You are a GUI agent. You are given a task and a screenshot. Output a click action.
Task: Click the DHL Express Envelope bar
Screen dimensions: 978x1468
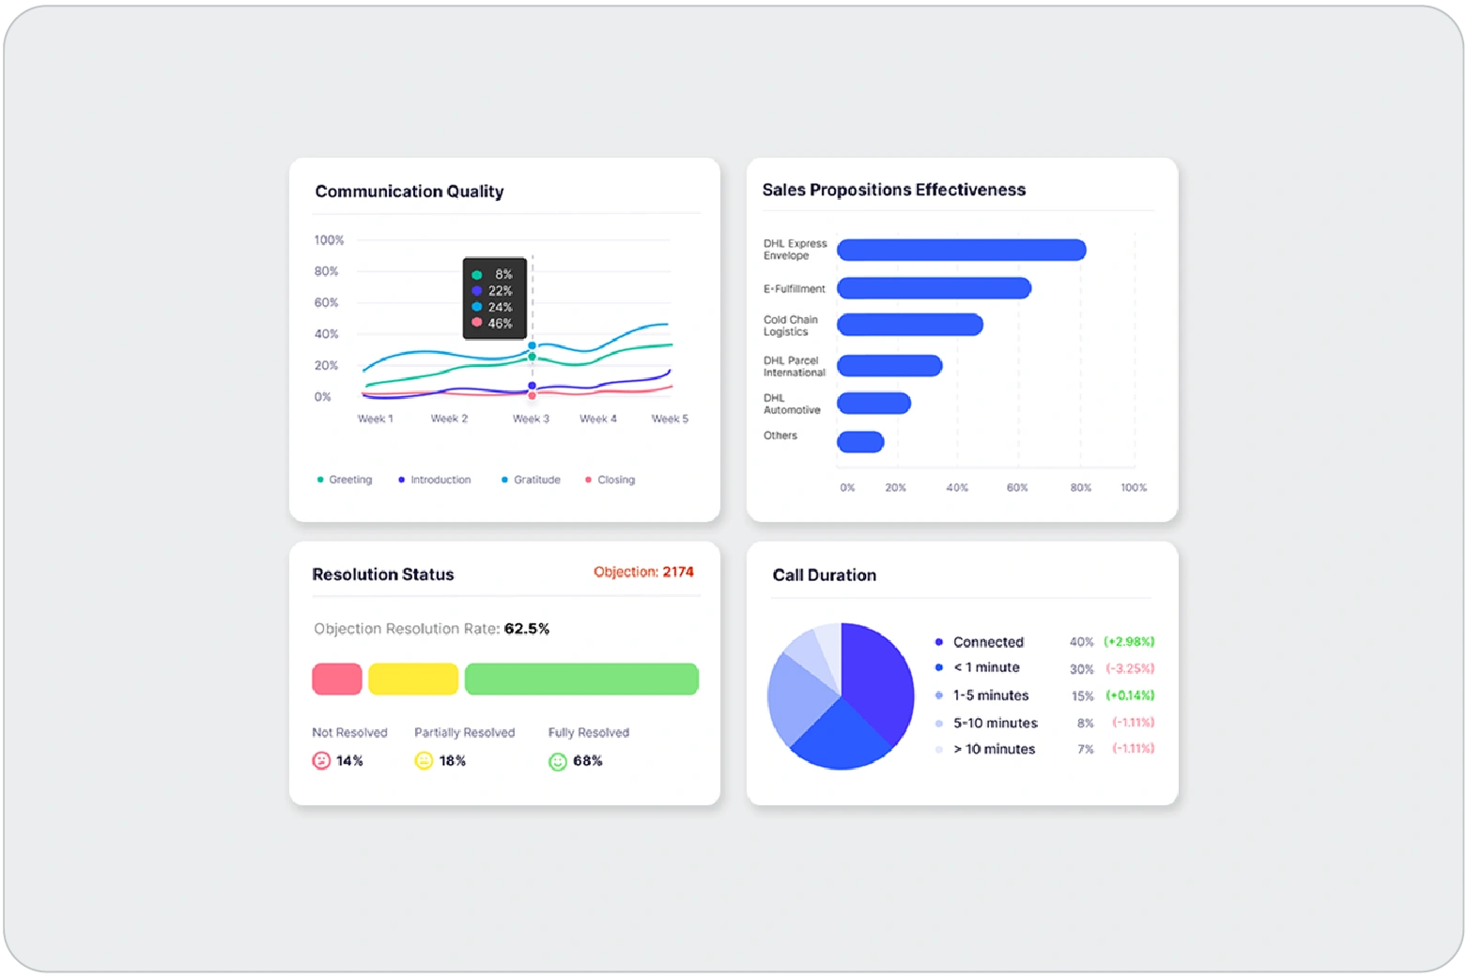click(961, 250)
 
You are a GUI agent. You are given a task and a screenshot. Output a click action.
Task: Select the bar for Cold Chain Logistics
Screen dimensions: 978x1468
click(909, 325)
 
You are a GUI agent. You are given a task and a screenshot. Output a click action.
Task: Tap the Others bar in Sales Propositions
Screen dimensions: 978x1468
click(860, 441)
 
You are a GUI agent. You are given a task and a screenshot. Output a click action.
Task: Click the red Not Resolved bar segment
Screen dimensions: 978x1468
click(337, 679)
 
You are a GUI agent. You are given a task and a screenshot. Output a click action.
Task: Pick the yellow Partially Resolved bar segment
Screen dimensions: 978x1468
click(413, 679)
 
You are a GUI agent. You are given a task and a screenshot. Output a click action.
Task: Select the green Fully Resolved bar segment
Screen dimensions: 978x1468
click(581, 679)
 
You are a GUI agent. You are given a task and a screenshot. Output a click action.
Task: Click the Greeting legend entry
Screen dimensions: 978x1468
click(345, 480)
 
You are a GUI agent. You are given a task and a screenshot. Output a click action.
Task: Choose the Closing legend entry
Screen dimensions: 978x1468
click(610, 480)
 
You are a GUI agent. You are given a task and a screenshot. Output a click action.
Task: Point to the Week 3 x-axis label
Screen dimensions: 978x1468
click(531, 419)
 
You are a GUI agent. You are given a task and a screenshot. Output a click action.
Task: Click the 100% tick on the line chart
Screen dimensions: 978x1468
click(329, 240)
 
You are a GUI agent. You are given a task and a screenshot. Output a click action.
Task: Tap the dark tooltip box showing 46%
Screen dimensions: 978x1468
click(495, 298)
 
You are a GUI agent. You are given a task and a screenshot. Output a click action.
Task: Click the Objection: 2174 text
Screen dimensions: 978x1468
click(643, 572)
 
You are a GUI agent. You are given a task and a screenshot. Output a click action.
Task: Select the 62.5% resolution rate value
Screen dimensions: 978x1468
click(527, 629)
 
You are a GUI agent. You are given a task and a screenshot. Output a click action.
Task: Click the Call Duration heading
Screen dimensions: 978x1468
click(824, 575)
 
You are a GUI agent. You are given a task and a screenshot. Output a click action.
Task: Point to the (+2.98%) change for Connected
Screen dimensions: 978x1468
click(1129, 642)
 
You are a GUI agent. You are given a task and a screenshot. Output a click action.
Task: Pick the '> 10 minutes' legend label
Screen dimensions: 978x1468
click(994, 749)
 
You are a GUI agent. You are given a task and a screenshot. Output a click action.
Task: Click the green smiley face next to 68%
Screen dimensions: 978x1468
click(558, 761)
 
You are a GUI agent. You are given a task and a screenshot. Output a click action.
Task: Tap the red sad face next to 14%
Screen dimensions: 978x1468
click(321, 760)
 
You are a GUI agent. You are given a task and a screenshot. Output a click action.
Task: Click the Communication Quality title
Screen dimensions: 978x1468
click(409, 191)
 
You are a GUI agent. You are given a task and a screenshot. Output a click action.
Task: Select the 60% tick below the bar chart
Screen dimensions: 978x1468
click(1017, 488)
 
